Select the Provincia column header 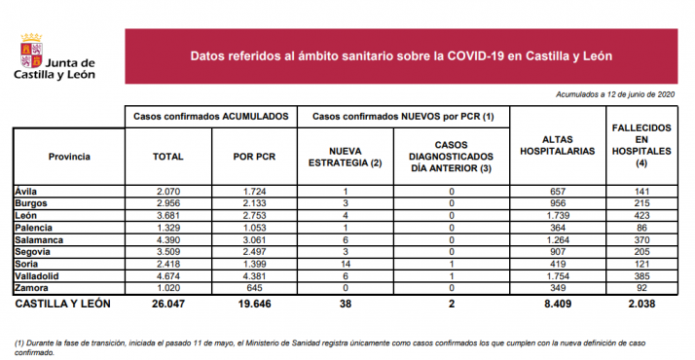coord(69,156)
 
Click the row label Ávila coord(26,192)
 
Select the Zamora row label coord(32,289)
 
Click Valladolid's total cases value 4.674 coord(169,276)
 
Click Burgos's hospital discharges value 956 coord(558,203)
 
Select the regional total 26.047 coord(169,305)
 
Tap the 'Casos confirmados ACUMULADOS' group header coord(211,116)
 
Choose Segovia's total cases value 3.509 coord(169,252)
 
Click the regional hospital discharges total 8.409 coord(558,305)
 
